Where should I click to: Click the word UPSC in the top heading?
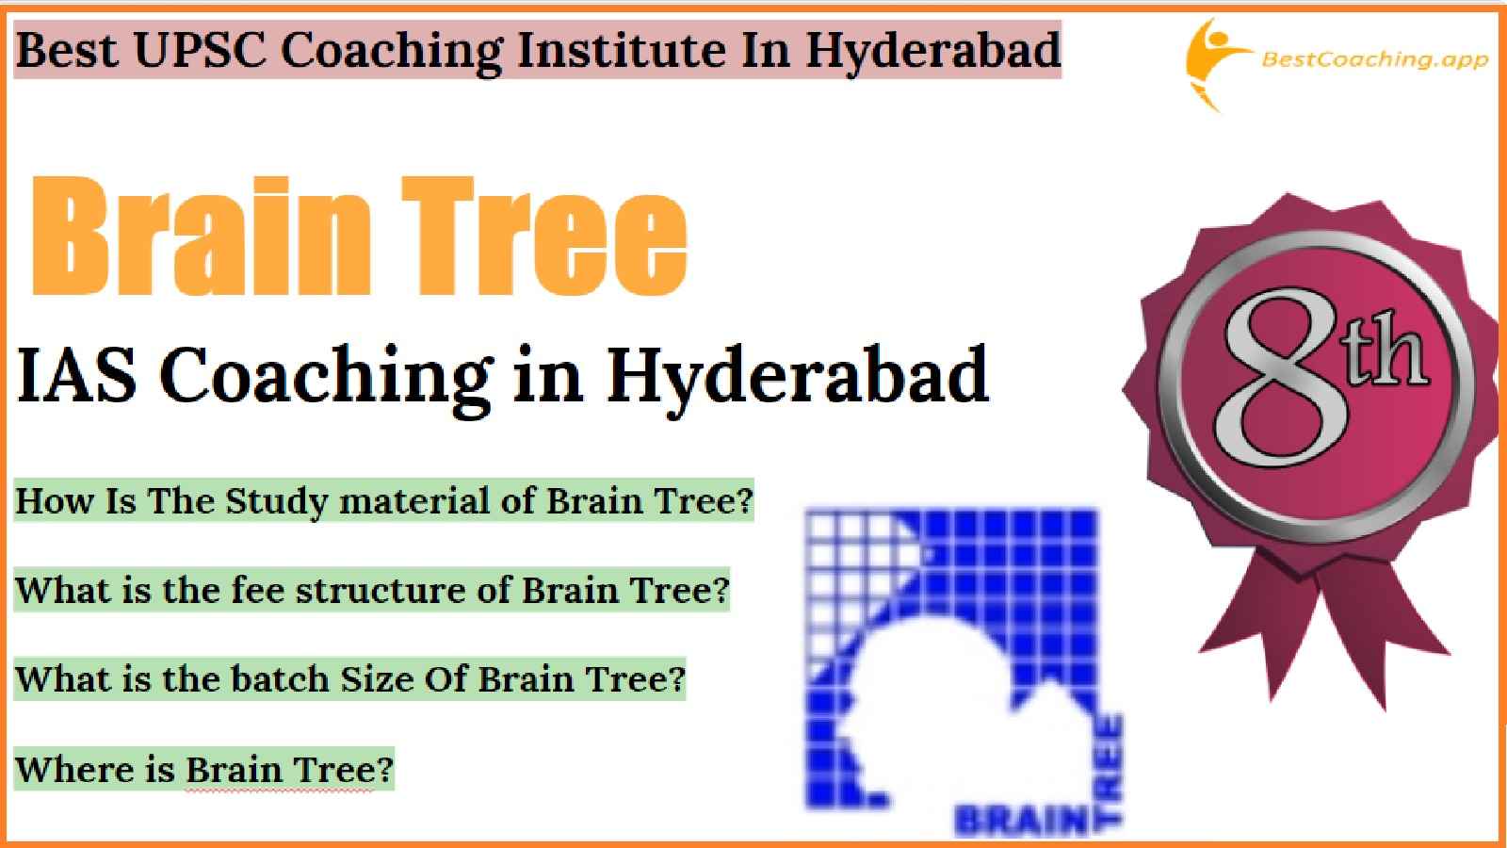(x=200, y=50)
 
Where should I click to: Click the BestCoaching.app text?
(x=1374, y=59)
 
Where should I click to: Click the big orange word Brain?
(x=202, y=236)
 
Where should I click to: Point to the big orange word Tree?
(x=544, y=236)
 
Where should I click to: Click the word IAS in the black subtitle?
(x=75, y=375)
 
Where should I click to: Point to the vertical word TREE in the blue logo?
(x=1110, y=768)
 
